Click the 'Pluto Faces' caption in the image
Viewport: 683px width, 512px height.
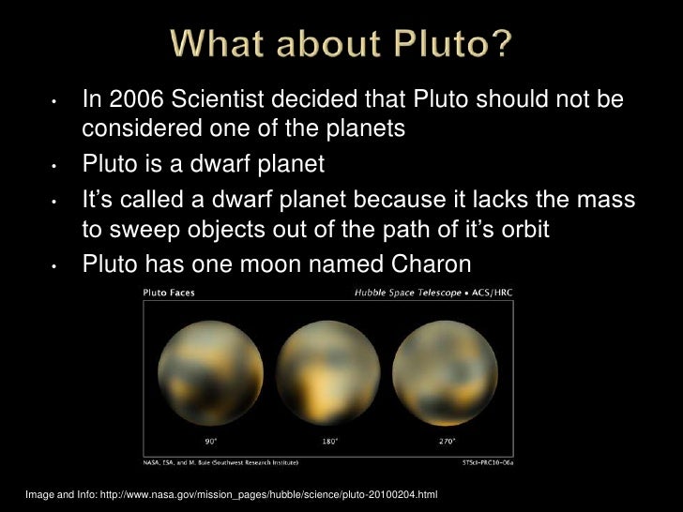tap(164, 294)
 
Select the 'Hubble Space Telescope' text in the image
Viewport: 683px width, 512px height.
tap(407, 294)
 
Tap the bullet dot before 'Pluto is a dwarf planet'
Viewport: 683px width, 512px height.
tap(55, 168)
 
